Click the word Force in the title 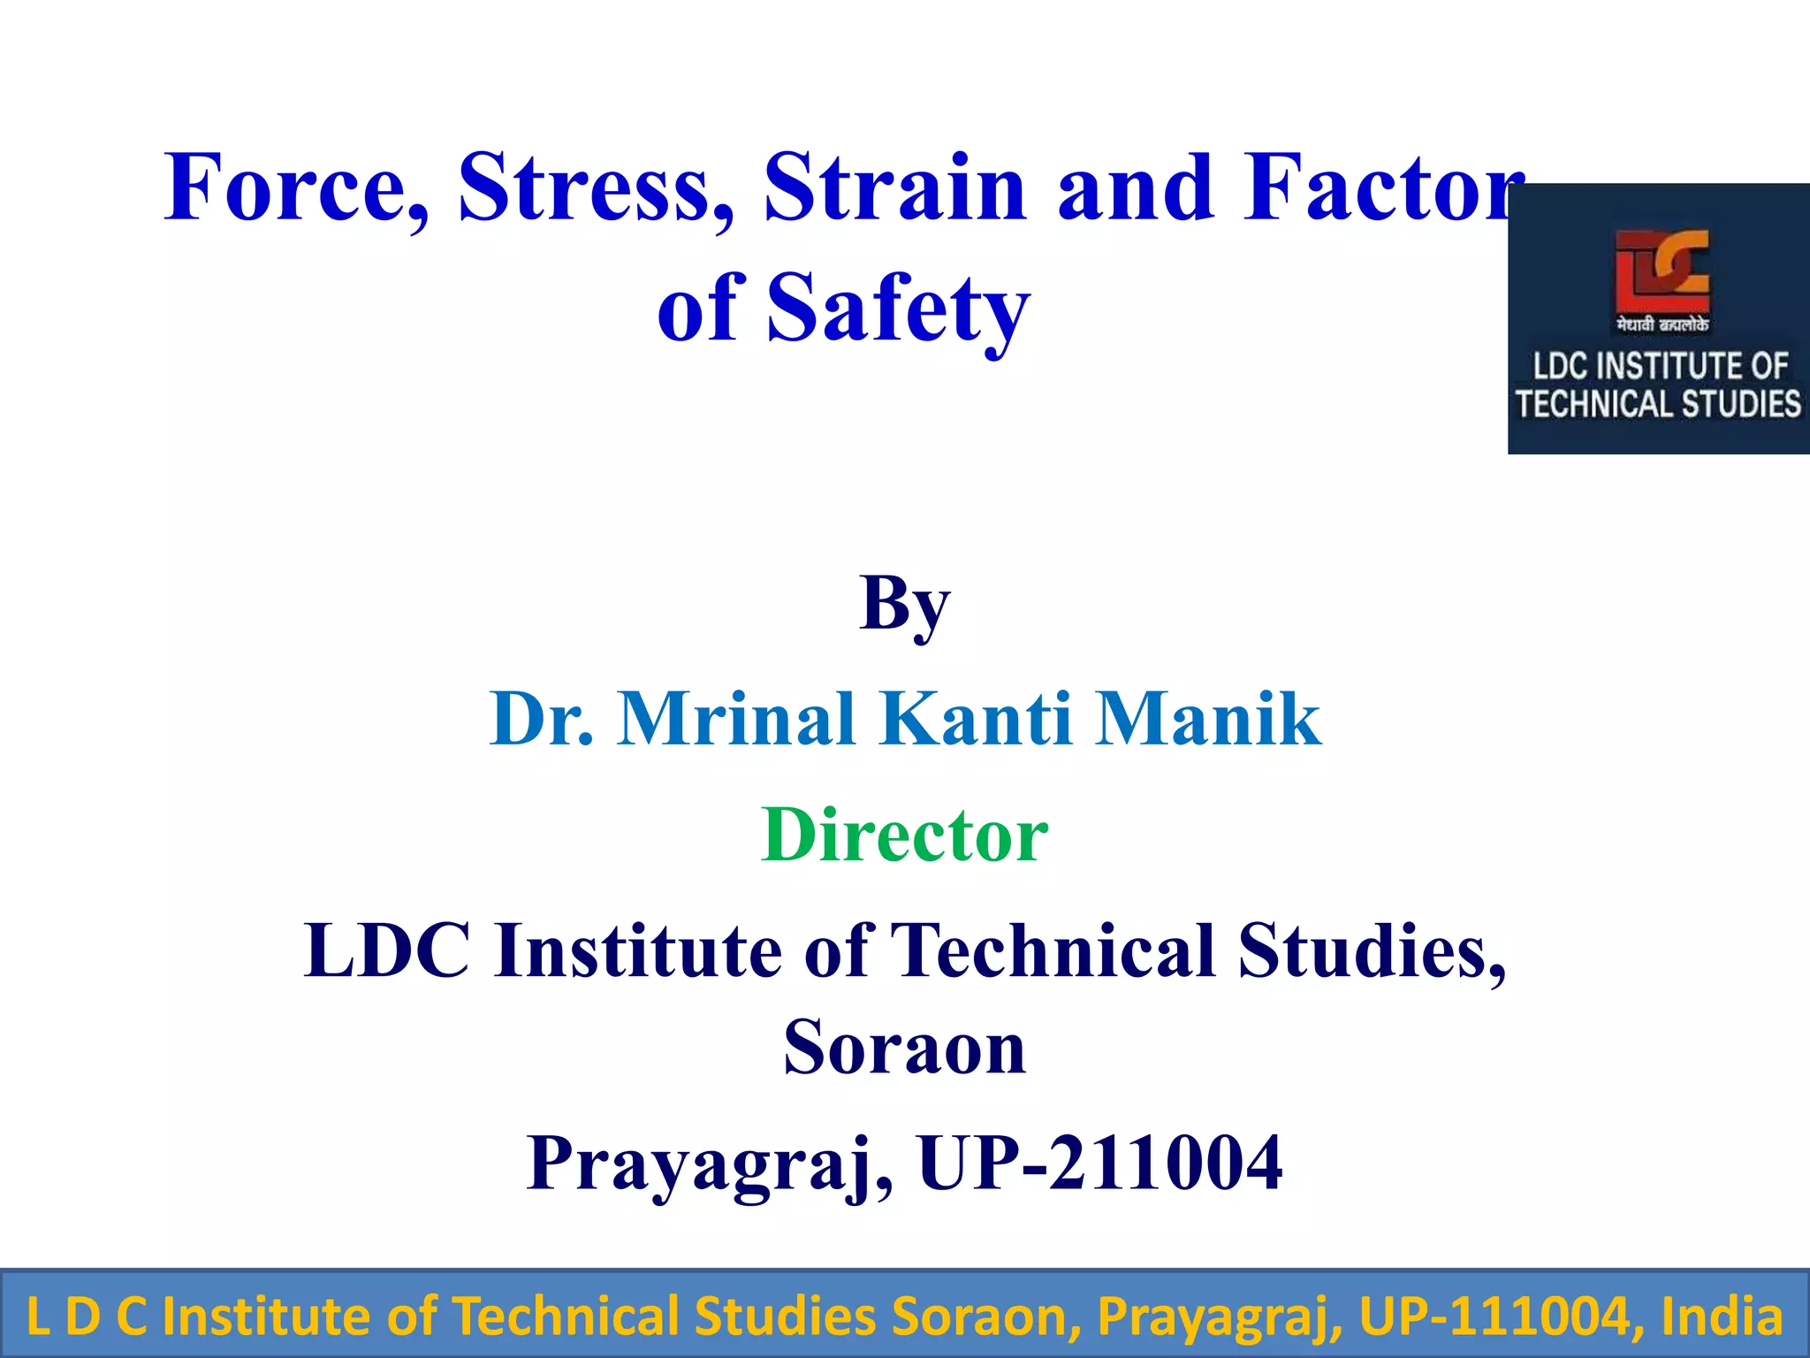pyautogui.click(x=296, y=187)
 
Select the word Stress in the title pyautogui.click(x=596, y=187)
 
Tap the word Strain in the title pyautogui.click(x=894, y=187)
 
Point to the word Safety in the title pyautogui.click(x=898, y=308)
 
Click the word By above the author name pyautogui.click(x=904, y=605)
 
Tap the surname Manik pyautogui.click(x=1208, y=718)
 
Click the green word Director pyautogui.click(x=904, y=835)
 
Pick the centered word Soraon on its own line pyautogui.click(x=904, y=1047)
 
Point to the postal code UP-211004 pyautogui.click(x=1099, y=1163)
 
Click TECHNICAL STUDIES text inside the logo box pyautogui.click(x=1658, y=404)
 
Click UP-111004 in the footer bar pyautogui.click(x=1494, y=1316)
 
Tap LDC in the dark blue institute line pyautogui.click(x=386, y=951)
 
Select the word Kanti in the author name pyautogui.click(x=976, y=718)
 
